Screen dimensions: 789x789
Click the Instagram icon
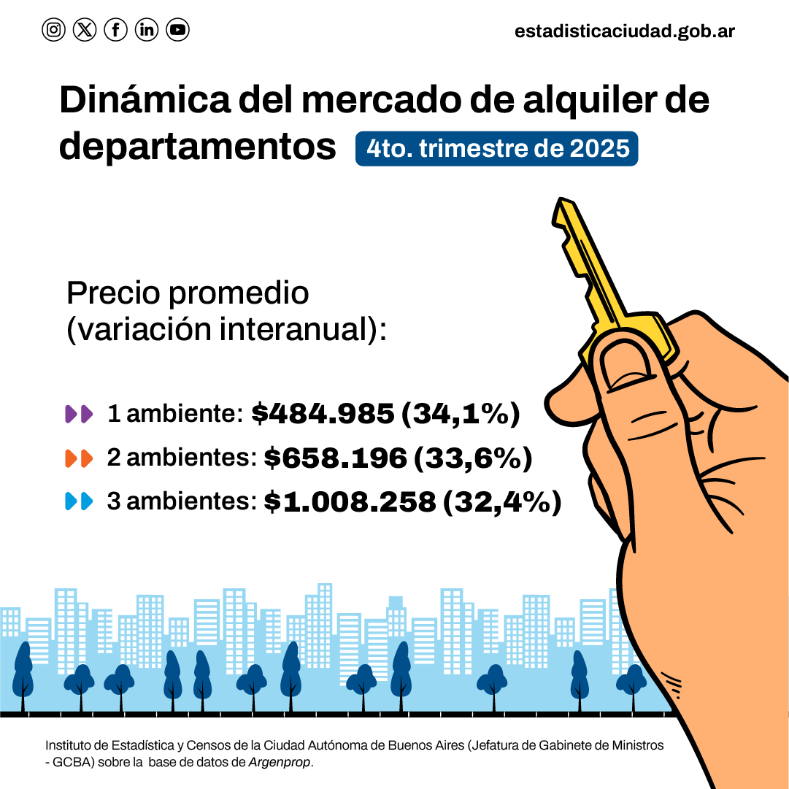click(x=53, y=30)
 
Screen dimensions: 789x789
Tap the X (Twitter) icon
click(x=85, y=30)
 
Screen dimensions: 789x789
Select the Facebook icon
click(x=116, y=30)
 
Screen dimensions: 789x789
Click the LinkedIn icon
click(x=147, y=30)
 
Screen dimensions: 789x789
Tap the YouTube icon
click(x=177, y=30)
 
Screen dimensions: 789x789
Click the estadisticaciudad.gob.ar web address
click(x=624, y=31)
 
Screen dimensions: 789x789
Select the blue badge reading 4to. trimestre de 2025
click(x=496, y=148)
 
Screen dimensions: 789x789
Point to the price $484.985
click(x=323, y=414)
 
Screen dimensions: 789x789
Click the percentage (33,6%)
click(x=473, y=458)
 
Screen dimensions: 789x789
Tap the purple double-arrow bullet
click(x=79, y=415)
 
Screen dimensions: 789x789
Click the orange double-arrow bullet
click(x=79, y=458)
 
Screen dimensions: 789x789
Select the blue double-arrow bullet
click(x=79, y=502)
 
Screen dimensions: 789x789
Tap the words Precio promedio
click(x=188, y=293)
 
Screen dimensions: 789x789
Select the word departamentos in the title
click(x=197, y=147)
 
